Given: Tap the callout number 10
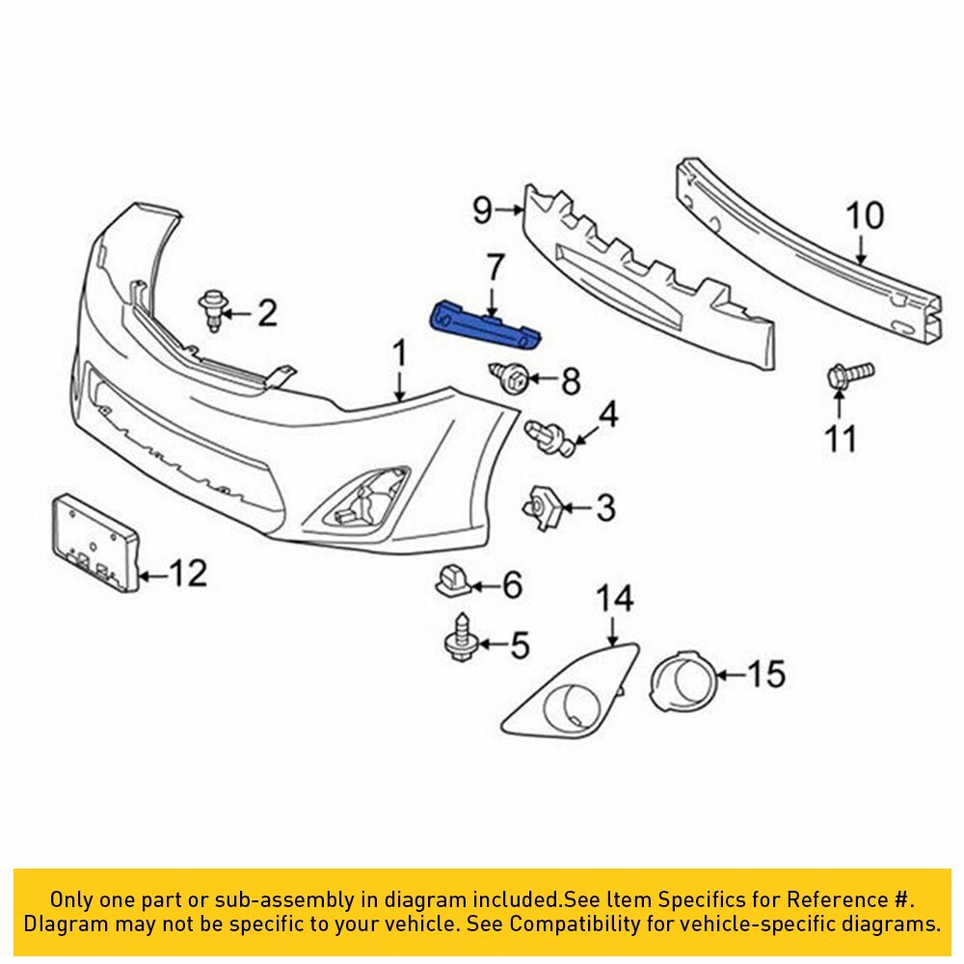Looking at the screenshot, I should click(864, 215).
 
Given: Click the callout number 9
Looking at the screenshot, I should click(482, 207).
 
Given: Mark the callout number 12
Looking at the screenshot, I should click(187, 575).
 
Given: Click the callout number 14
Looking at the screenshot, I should click(614, 600).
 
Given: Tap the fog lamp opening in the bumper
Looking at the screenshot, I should click(364, 501).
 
